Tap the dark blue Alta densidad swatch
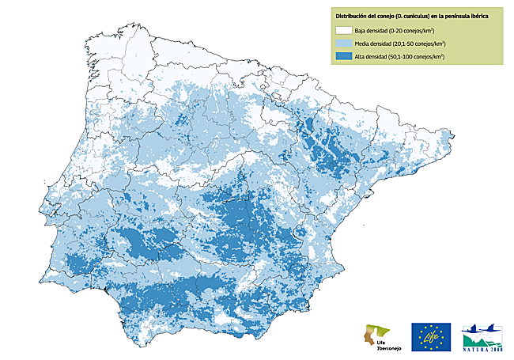click(x=344, y=56)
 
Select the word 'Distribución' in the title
click(x=352, y=15)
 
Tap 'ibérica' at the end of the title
click(x=480, y=15)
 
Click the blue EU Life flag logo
click(x=431, y=336)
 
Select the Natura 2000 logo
click(x=482, y=336)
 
